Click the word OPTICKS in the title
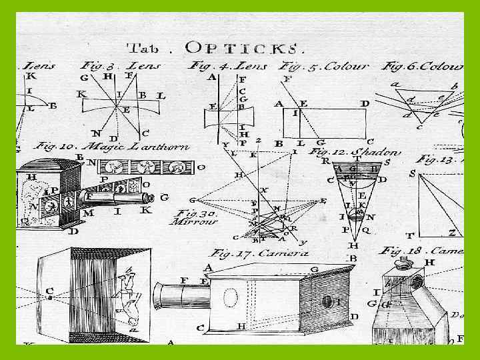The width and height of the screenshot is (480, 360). pyautogui.click(x=245, y=47)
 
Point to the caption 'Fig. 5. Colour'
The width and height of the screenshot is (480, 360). pyautogui.click(x=325, y=67)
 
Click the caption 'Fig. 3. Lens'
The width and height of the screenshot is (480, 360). pyautogui.click(x=117, y=66)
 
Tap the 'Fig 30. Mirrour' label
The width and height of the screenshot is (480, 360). pyautogui.click(x=195, y=217)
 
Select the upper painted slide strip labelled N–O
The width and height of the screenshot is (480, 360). pyautogui.click(x=144, y=166)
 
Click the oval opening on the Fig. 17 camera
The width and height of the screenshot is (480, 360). pyautogui.click(x=231, y=297)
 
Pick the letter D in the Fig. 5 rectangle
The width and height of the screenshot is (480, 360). pyautogui.click(x=364, y=104)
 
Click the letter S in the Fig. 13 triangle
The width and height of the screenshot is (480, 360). pyautogui.click(x=413, y=174)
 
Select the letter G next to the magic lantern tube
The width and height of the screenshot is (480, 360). pyautogui.click(x=164, y=197)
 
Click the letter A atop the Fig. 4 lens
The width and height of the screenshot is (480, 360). pyautogui.click(x=213, y=77)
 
